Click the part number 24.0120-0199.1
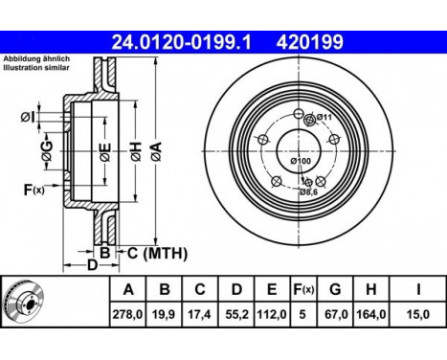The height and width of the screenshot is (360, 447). tap(181, 42)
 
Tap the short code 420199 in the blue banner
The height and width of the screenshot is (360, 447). tap(310, 42)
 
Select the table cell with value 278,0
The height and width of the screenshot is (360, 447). tap(127, 315)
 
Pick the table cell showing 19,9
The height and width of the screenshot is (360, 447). tap(165, 315)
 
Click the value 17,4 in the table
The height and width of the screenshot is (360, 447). tap(200, 315)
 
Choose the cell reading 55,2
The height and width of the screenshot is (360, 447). tap(236, 315)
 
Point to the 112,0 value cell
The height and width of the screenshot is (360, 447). tap(272, 315)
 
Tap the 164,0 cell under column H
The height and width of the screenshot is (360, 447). tap(370, 315)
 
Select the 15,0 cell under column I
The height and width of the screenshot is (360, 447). tap(418, 315)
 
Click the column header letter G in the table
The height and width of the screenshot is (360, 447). tap(335, 289)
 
